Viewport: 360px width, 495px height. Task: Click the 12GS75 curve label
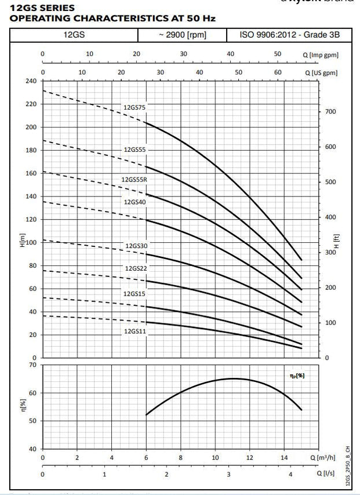(x=134, y=107)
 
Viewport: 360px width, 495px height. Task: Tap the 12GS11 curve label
(x=134, y=332)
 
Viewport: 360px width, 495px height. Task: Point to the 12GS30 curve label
(x=136, y=246)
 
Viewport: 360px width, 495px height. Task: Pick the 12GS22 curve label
(x=136, y=268)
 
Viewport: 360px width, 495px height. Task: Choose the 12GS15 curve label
(x=134, y=294)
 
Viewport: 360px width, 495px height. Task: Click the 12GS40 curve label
(x=134, y=202)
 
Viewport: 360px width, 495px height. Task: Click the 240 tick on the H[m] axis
(x=31, y=81)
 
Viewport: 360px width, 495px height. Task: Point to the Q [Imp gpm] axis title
(x=320, y=54)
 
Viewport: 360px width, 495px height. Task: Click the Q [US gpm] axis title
(x=321, y=74)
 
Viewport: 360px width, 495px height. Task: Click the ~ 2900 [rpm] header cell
(x=182, y=35)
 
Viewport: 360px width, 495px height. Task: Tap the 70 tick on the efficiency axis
(x=32, y=365)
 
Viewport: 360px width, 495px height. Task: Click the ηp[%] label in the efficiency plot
(x=297, y=376)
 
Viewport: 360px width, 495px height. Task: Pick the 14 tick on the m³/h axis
(x=284, y=457)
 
